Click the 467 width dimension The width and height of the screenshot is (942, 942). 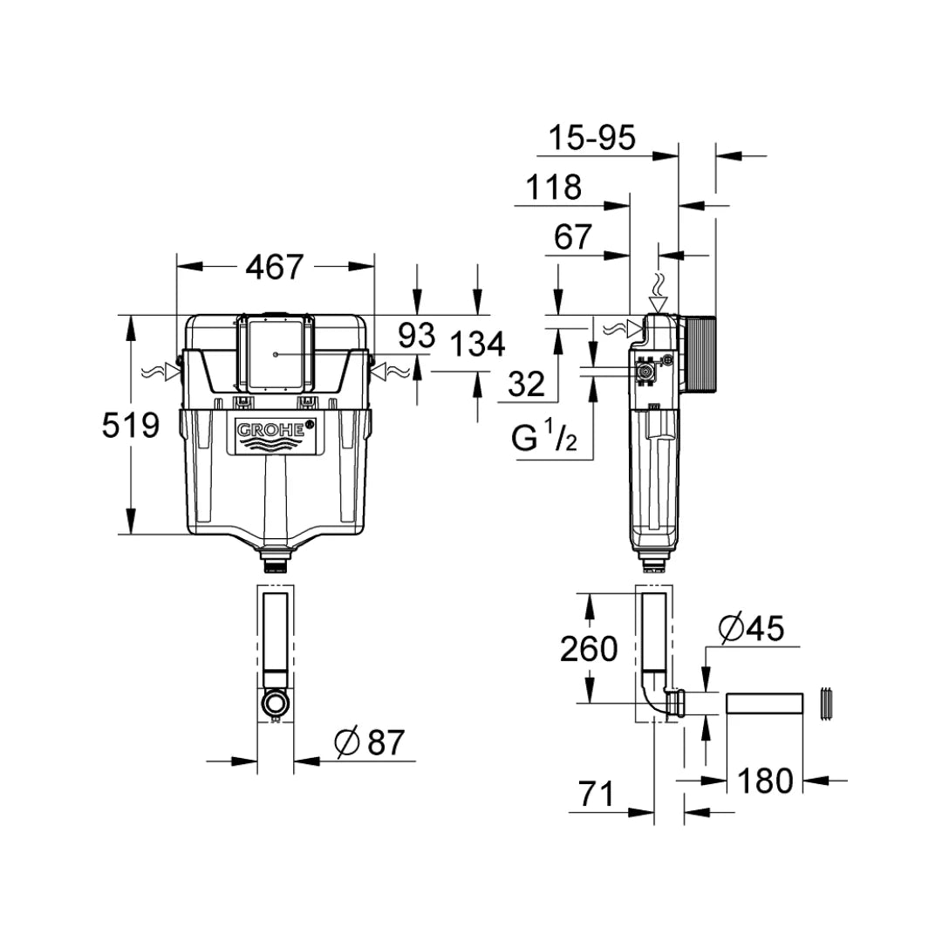tap(275, 267)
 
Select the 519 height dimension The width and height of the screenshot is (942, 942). tap(131, 426)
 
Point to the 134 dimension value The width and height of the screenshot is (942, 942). tap(476, 345)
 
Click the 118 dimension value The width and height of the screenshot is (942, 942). tap(553, 187)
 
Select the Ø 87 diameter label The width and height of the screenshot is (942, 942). tap(371, 742)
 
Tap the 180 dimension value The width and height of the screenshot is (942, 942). tap(766, 780)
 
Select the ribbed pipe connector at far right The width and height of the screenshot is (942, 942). tap(828, 704)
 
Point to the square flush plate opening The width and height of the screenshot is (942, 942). tap(275, 353)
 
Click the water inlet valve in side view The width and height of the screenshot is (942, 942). tap(646, 372)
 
